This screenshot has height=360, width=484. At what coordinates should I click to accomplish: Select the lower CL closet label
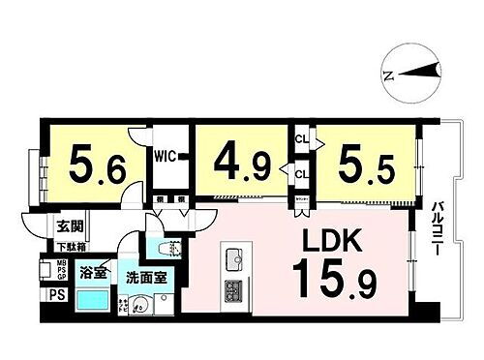click(302, 175)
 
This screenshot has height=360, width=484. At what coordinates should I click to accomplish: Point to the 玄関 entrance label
click(69, 228)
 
